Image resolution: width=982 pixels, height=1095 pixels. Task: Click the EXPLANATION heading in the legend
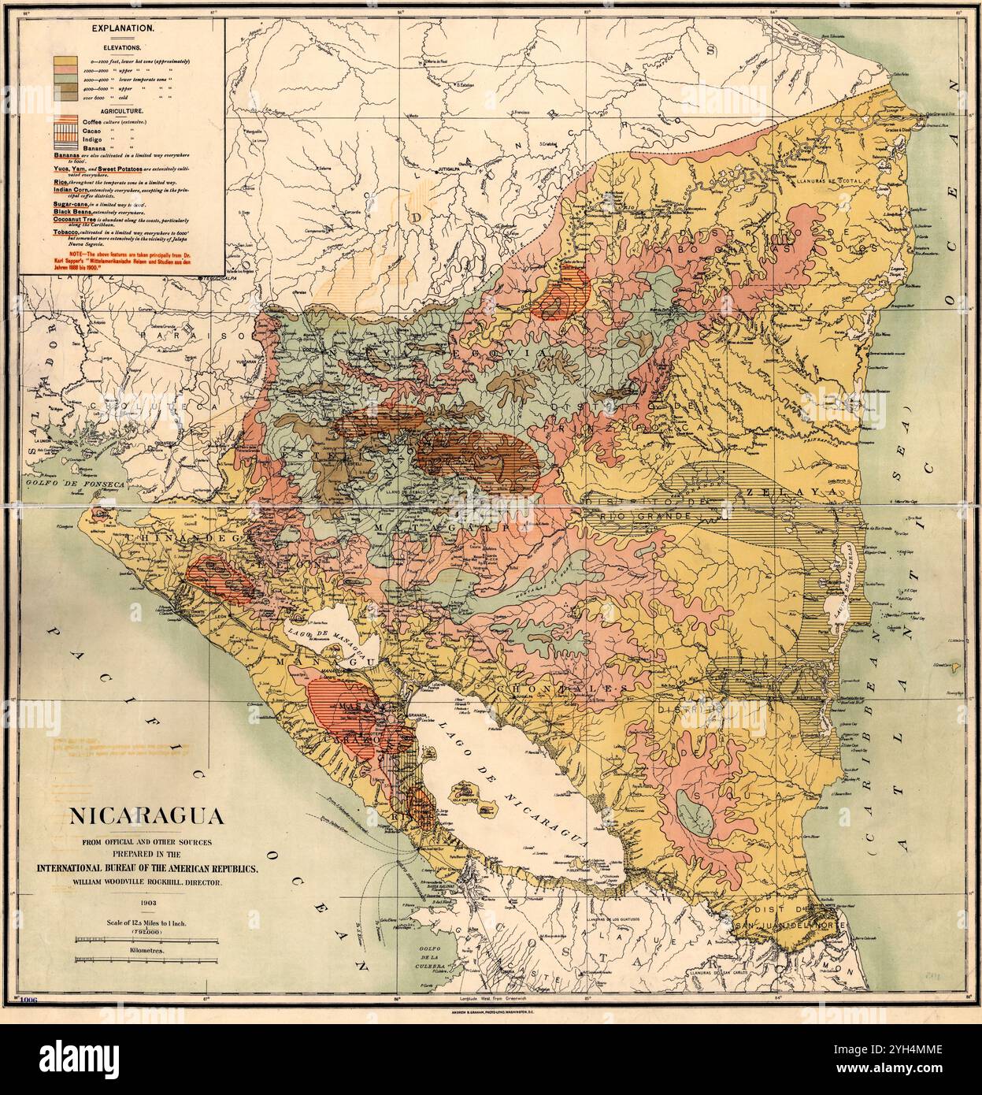click(122, 28)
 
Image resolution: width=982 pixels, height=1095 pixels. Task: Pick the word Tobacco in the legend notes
click(67, 233)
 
